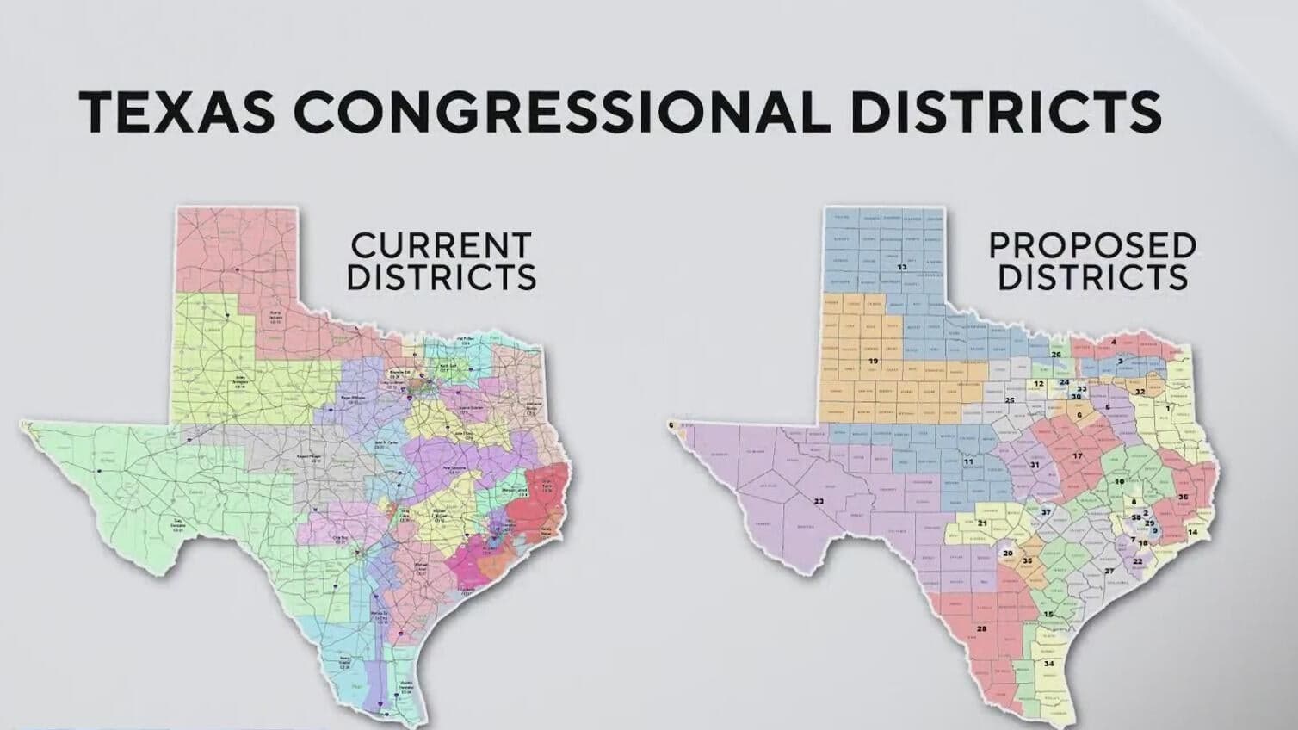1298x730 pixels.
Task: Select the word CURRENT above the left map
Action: click(x=441, y=245)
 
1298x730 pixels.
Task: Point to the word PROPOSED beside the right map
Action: click(x=1092, y=246)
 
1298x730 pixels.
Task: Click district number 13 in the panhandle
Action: click(x=902, y=268)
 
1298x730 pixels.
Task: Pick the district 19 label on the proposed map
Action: click(x=873, y=361)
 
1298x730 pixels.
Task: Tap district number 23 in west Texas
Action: click(x=819, y=500)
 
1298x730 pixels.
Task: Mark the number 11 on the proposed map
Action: click(x=968, y=462)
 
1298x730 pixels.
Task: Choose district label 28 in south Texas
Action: click(x=982, y=628)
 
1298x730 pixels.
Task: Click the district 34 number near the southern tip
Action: click(x=1048, y=664)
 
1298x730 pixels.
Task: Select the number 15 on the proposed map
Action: click(x=1048, y=614)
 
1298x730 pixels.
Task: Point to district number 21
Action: click(x=982, y=523)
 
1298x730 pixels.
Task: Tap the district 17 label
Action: click(x=1077, y=455)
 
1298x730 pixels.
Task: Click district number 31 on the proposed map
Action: click(x=1035, y=465)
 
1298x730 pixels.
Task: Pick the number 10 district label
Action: click(x=1120, y=482)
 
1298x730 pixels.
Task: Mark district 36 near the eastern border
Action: click(x=1184, y=498)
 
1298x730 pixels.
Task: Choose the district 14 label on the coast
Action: click(x=1192, y=532)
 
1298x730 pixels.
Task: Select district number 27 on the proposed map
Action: click(x=1109, y=571)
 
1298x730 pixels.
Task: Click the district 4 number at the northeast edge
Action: click(x=1114, y=343)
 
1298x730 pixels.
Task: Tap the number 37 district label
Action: click(x=1046, y=512)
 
